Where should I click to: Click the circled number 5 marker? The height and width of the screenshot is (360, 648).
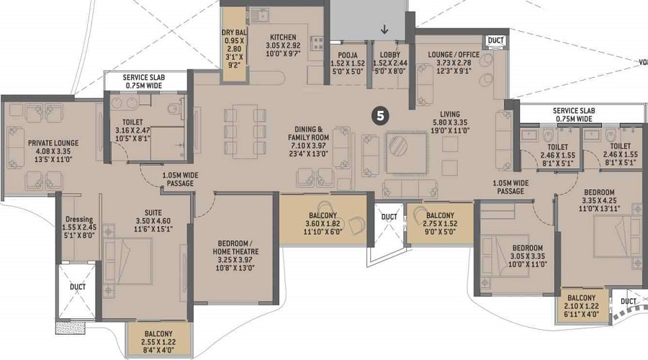pyautogui.click(x=380, y=116)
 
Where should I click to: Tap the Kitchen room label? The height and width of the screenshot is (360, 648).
pyautogui.click(x=283, y=37)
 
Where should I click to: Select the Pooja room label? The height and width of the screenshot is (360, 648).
pyautogui.click(x=348, y=55)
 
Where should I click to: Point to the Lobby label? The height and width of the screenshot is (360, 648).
pyautogui.click(x=390, y=55)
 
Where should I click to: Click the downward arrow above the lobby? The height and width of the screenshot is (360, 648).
pyautogui.click(x=384, y=30)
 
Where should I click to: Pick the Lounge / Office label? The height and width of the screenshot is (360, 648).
pyautogui.click(x=454, y=55)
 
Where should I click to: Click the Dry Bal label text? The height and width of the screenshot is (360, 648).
pyautogui.click(x=234, y=32)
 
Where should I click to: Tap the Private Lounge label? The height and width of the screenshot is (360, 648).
pyautogui.click(x=53, y=143)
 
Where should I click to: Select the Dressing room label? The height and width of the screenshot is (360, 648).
pyautogui.click(x=79, y=220)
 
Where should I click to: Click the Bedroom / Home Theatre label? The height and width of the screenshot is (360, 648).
pyautogui.click(x=235, y=248)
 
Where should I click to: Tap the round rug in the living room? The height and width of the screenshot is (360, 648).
pyautogui.click(x=398, y=145)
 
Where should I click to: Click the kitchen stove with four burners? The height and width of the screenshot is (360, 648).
pyautogui.click(x=318, y=43)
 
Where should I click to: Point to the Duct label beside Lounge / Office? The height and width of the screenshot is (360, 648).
pyautogui.click(x=495, y=40)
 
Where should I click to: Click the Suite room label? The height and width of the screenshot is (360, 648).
pyautogui.click(x=153, y=213)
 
